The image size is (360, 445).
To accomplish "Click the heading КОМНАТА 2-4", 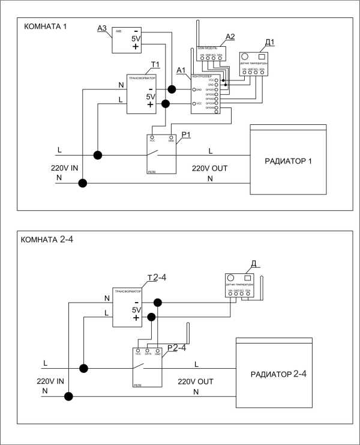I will click(x=47, y=240).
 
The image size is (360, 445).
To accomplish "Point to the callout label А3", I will click(x=102, y=27).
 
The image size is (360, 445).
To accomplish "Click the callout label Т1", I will click(x=155, y=64).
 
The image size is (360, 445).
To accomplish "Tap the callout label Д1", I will click(x=269, y=42).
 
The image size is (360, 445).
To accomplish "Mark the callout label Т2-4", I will click(x=157, y=277).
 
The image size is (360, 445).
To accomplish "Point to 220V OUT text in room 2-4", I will click(x=195, y=381).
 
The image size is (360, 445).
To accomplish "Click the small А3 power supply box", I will click(x=128, y=39).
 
